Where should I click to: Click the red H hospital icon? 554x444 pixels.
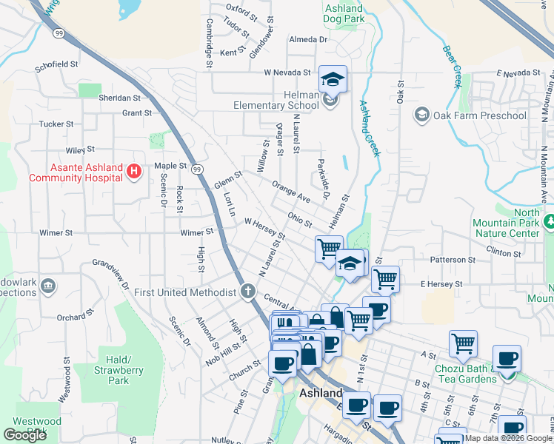click(x=134, y=172)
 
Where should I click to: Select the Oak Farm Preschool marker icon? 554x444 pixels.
click(x=421, y=115)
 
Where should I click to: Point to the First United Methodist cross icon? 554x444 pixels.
click(x=247, y=292)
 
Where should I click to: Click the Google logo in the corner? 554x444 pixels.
click(x=24, y=435)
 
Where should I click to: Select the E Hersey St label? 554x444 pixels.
click(x=441, y=283)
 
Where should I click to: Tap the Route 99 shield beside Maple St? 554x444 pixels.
click(x=196, y=169)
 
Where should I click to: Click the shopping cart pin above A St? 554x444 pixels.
click(x=463, y=343)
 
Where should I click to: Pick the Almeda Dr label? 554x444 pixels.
click(x=307, y=39)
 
